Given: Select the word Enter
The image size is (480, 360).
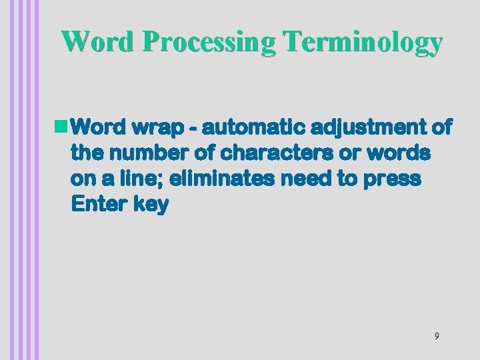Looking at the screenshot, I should click(97, 205).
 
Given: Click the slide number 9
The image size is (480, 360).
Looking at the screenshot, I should click(437, 336).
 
